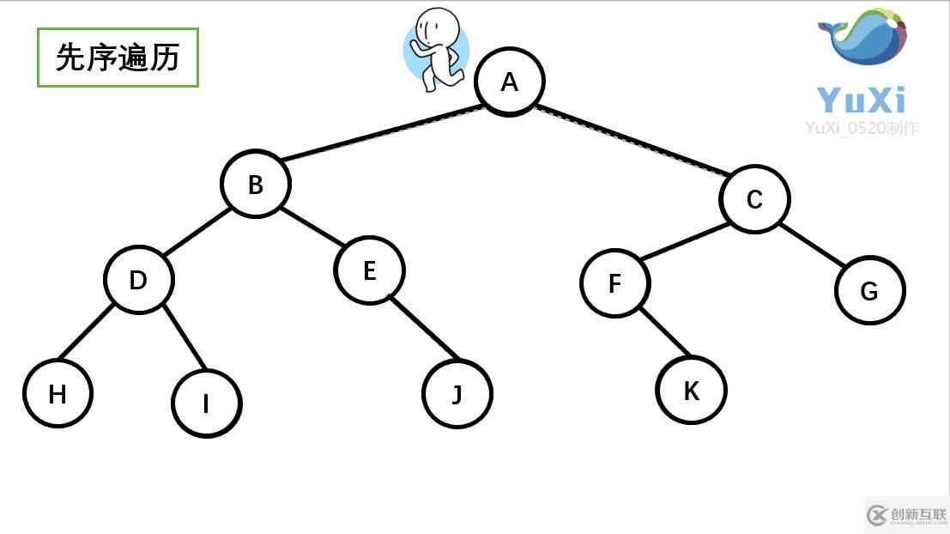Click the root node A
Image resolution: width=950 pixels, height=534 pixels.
coord(510,82)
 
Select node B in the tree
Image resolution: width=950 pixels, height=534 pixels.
coord(256,184)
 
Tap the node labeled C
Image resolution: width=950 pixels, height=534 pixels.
coord(754,199)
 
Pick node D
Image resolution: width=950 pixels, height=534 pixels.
coord(138,280)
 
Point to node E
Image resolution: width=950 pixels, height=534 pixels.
coord(369,270)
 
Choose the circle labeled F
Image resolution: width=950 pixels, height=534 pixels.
coord(614,283)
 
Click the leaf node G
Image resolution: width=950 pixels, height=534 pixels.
coord(869,290)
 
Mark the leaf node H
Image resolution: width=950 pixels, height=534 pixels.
coord(57,393)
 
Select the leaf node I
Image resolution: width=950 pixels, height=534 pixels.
coord(206,403)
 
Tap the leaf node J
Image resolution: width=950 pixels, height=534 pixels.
coord(457,394)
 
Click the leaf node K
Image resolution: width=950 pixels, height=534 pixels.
coord(691,391)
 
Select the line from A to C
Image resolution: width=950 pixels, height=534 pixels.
coord(631,140)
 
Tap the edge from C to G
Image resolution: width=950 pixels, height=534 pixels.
coord(812,245)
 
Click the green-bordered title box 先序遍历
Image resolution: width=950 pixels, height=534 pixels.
coord(118,58)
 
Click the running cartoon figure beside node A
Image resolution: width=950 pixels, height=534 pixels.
coord(436,49)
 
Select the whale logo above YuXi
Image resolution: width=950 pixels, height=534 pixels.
coord(862,38)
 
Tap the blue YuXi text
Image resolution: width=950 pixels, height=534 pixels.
coord(861,100)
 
